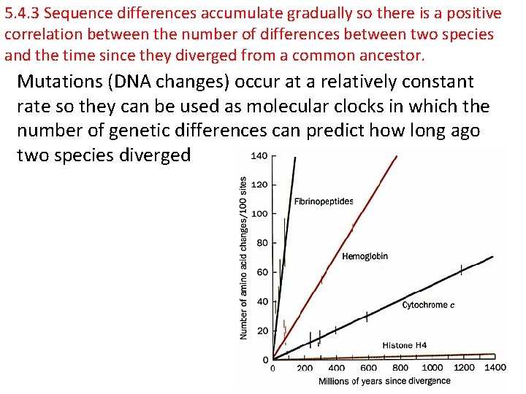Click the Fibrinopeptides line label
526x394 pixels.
[x=324, y=201]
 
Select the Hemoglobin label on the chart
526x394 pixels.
[x=365, y=256]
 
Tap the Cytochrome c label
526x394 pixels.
[x=428, y=305]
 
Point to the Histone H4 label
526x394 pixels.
[x=405, y=345]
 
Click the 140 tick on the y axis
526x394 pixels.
[x=259, y=155]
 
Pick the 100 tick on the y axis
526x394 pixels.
[x=259, y=214]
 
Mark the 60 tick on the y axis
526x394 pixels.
[x=262, y=272]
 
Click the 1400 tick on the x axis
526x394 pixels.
[x=495, y=368]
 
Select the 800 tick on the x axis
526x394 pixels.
[x=400, y=368]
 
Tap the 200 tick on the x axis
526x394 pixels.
[x=305, y=368]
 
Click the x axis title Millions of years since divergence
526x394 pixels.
[x=384, y=381]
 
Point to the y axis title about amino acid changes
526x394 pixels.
[x=244, y=258]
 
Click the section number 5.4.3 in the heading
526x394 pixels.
[x=21, y=14]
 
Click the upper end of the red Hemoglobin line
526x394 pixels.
[x=397, y=157]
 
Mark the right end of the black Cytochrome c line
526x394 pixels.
[x=492, y=257]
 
